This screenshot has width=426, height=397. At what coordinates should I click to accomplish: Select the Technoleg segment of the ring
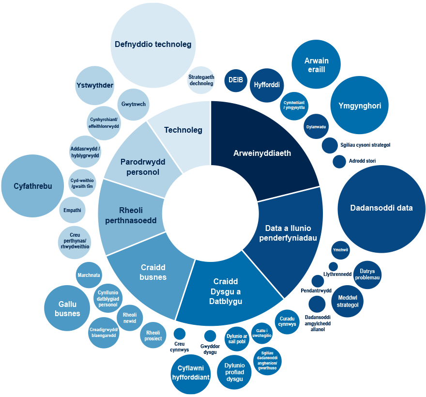click(x=183, y=129)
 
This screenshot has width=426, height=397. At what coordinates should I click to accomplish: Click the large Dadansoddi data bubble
click(x=381, y=208)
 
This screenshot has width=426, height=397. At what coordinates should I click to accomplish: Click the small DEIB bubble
click(x=236, y=80)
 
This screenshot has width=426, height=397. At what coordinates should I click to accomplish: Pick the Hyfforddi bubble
click(x=267, y=85)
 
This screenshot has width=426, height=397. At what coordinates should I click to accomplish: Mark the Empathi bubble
click(x=73, y=211)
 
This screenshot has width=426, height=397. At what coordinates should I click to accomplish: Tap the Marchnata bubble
click(x=89, y=275)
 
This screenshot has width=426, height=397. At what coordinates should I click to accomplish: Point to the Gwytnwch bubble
click(x=134, y=104)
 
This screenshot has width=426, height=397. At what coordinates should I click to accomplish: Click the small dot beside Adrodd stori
click(x=339, y=161)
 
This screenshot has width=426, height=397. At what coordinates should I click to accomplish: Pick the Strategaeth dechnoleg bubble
click(x=201, y=80)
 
